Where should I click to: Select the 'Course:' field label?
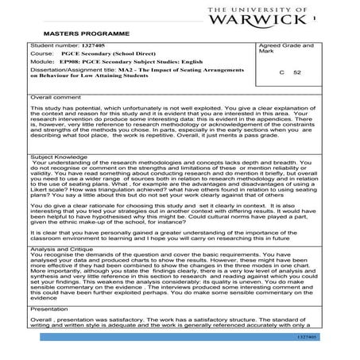[x=43, y=56]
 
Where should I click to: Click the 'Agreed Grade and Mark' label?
[x=292, y=51]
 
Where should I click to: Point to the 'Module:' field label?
[x=43, y=64]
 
